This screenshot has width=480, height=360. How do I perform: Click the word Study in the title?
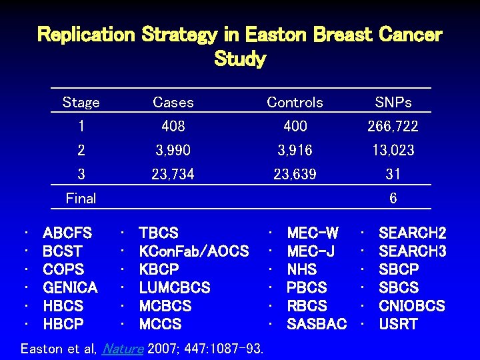pos(240,59)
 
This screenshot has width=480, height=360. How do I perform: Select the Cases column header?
pos(173,103)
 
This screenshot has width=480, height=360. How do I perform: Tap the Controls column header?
pos(295,103)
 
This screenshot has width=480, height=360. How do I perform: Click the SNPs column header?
pos(393,103)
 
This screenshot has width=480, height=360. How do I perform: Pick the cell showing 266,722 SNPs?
pos(393,126)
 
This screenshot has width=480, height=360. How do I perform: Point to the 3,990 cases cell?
pos(173,150)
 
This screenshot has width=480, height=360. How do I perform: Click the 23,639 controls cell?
pos(295,174)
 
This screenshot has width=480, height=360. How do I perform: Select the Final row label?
pos(81,198)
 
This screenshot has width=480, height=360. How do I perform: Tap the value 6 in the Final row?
pos(393,198)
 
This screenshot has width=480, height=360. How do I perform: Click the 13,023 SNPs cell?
pos(393,150)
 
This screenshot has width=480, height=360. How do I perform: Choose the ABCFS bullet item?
pos(67,233)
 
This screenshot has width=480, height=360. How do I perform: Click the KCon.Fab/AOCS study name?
pos(193,251)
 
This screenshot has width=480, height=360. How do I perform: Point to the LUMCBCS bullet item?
pos(174,288)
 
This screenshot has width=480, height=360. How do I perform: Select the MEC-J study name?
pos(311,251)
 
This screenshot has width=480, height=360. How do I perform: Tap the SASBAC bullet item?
pos(317,325)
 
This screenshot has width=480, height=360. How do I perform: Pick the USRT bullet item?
pos(398,325)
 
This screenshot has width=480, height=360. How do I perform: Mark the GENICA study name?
pos(70,288)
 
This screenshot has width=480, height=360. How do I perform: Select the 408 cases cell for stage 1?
pos(173,126)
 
